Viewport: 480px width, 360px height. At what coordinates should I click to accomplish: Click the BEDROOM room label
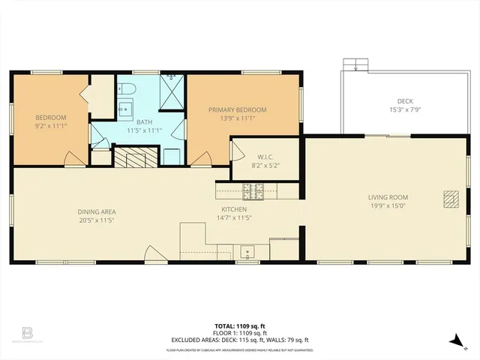pyautogui.click(x=51, y=117)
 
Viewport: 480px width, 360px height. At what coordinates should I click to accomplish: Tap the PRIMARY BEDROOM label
pyautogui.click(x=237, y=109)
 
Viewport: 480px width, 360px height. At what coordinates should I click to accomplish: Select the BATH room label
pyautogui.click(x=144, y=122)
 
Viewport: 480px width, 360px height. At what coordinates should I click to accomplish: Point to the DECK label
pyautogui.click(x=405, y=101)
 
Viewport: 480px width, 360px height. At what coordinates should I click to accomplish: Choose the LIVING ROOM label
pyautogui.click(x=388, y=197)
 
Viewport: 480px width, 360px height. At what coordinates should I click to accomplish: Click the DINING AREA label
pyautogui.click(x=97, y=211)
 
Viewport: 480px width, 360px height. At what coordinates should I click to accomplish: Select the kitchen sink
pyautogui.click(x=247, y=253)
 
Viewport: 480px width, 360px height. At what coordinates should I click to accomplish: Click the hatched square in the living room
pyautogui.click(x=450, y=198)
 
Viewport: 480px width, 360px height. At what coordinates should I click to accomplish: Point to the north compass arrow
pyautogui.click(x=454, y=341)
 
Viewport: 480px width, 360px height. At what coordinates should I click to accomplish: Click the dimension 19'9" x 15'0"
pyautogui.click(x=388, y=207)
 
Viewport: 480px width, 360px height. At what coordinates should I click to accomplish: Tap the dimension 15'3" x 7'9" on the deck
pyautogui.click(x=405, y=110)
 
